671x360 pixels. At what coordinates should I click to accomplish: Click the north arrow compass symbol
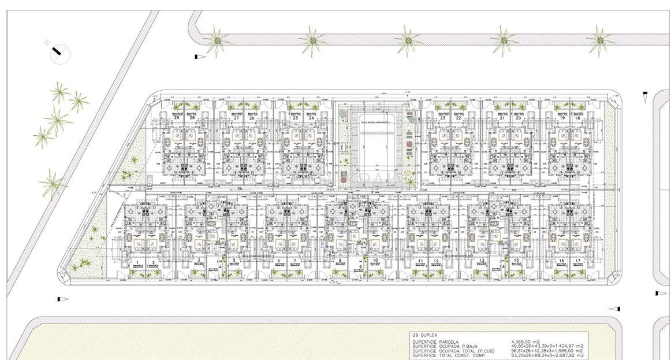click(57, 53)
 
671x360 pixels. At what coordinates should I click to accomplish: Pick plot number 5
click(234, 261)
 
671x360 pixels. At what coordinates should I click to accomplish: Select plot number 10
click(376, 261)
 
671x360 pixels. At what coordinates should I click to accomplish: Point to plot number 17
click(577, 261)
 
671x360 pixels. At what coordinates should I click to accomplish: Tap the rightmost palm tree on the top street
click(601, 39)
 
